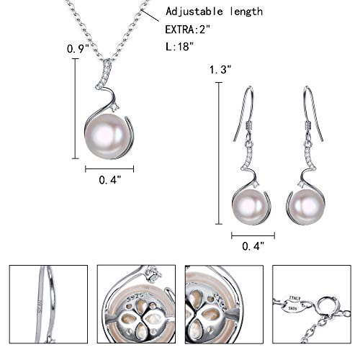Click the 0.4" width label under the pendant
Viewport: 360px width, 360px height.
[109, 181]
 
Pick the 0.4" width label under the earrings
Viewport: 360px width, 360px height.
[253, 246]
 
